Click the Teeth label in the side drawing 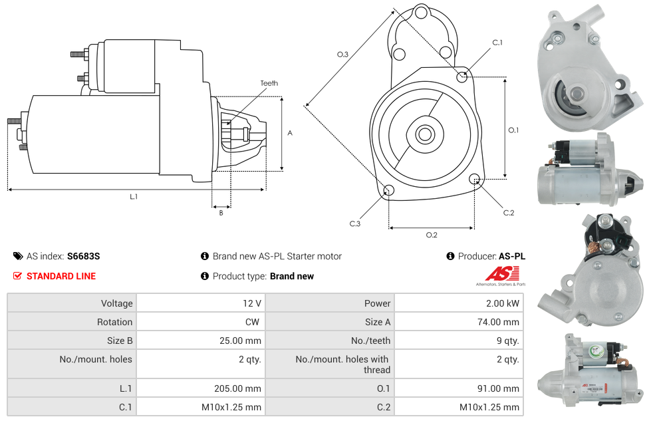click(x=269, y=83)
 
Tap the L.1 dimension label click(x=134, y=196)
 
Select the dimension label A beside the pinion click(x=290, y=133)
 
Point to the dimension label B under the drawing click(x=221, y=213)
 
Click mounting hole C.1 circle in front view click(x=462, y=76)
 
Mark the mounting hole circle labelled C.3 click(x=389, y=192)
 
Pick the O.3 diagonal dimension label click(x=342, y=55)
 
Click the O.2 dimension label click(x=431, y=235)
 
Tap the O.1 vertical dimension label click(x=513, y=130)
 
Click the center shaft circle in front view click(x=424, y=134)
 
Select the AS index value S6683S click(x=83, y=256)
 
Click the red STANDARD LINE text click(x=61, y=276)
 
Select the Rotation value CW click(x=254, y=322)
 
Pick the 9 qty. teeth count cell click(x=507, y=341)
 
